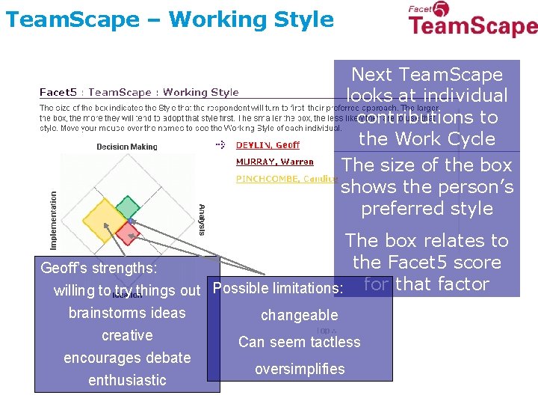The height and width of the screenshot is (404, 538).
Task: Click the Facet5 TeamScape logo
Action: pos(472,20)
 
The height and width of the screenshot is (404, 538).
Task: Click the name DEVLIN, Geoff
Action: pos(268,145)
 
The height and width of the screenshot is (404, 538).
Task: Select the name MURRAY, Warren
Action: pos(274,162)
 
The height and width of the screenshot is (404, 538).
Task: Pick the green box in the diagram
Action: pos(128,207)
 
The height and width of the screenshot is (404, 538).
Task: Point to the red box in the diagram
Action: pos(128,233)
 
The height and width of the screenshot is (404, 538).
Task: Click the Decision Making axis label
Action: pos(127,147)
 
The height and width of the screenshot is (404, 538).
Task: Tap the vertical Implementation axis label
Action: pos(53,220)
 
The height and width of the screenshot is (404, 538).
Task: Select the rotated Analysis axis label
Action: pos(201,220)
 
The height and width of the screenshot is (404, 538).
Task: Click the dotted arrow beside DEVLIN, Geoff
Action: pos(220,144)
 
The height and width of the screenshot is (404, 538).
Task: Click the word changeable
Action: pos(299,315)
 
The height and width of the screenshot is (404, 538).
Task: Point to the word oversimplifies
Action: pos(299,369)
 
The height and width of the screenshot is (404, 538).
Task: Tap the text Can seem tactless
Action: pos(299,342)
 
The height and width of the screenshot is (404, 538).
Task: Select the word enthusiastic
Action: pos(127,380)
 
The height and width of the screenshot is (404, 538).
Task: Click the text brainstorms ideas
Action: pos(127,313)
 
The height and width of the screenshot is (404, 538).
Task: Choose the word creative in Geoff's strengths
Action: pos(127,335)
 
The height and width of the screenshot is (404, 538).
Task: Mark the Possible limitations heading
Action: pos(278,288)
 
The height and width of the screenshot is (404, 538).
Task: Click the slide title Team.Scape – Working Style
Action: pos(169,19)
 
